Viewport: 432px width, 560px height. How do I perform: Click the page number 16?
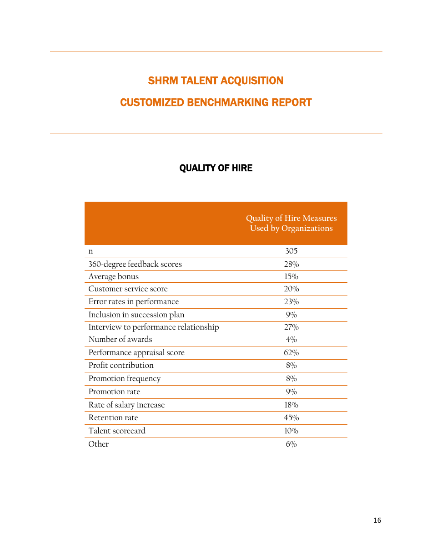click(x=377, y=520)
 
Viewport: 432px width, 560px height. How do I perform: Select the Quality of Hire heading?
click(x=216, y=168)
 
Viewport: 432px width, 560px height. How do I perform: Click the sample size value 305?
click(x=291, y=251)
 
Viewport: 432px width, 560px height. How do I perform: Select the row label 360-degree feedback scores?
click(x=135, y=264)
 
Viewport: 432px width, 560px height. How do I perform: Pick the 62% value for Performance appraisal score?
click(x=291, y=352)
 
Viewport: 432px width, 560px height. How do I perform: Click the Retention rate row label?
click(x=113, y=417)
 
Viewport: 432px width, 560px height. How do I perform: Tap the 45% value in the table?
click(x=291, y=417)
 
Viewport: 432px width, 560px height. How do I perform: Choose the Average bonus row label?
click(x=114, y=276)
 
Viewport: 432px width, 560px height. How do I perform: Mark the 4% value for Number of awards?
click(x=291, y=339)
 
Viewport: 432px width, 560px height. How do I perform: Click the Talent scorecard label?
click(x=117, y=431)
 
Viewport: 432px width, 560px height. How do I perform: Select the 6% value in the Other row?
click(x=291, y=444)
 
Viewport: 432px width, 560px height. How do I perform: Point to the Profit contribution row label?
click(x=121, y=365)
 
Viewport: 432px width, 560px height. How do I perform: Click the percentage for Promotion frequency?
click(x=291, y=378)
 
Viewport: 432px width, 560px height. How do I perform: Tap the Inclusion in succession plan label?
click(x=136, y=315)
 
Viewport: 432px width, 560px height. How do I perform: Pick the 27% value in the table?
click(x=291, y=327)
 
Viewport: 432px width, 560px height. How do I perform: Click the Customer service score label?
click(x=128, y=289)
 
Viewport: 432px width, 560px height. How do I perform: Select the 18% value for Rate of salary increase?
click(x=291, y=405)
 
